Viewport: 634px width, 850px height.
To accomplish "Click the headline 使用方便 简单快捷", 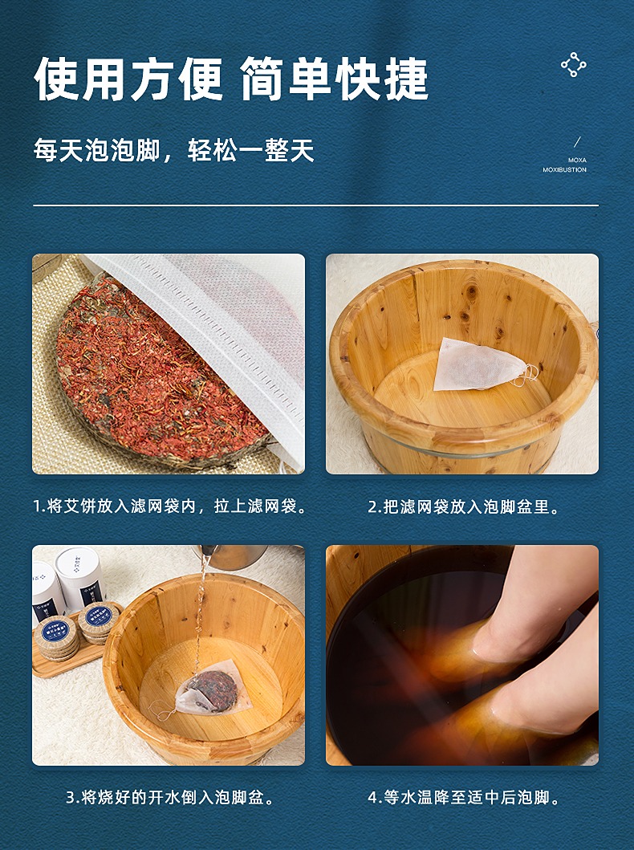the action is pos(231,79).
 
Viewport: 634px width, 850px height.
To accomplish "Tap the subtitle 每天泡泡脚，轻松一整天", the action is pos(174,150).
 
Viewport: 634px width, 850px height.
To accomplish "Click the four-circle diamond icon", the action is pos(573,65).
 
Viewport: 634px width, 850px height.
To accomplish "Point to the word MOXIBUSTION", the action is pos(565,169).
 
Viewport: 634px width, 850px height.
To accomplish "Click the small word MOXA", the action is pos(577,160).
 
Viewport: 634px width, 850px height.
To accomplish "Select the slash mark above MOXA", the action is pos(577,143).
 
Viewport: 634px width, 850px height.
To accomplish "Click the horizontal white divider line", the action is pos(316,205).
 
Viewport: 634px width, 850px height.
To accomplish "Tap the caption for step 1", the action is pos(169,506).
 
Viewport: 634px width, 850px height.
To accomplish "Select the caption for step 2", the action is pos(463,506).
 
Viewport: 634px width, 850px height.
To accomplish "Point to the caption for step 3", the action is pos(169,797).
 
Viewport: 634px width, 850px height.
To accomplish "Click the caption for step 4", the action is pos(463,797).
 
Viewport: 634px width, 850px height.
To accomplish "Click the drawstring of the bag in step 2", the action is pos(528,374).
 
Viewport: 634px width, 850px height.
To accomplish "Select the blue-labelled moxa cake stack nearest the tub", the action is pos(100,622).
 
